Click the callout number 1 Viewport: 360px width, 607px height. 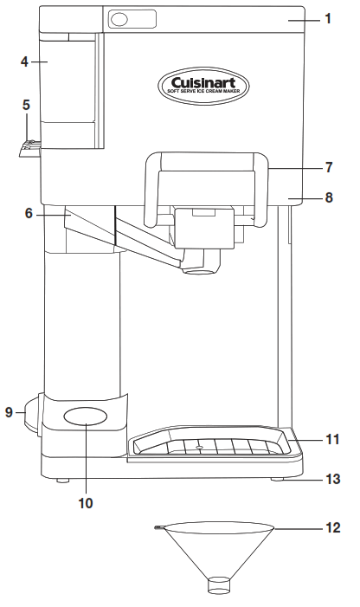pyautogui.click(x=328, y=18)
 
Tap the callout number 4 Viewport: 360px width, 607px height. pyautogui.click(x=24, y=61)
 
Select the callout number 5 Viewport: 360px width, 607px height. pyautogui.click(x=26, y=105)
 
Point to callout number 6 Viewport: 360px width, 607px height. pyautogui.click(x=29, y=213)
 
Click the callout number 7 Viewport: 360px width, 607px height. pyautogui.click(x=329, y=168)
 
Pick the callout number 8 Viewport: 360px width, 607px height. pyautogui.click(x=329, y=197)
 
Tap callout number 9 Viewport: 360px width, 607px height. pyautogui.click(x=9, y=412)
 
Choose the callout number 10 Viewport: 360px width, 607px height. pyautogui.click(x=86, y=503)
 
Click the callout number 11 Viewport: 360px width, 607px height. pyautogui.click(x=332, y=439)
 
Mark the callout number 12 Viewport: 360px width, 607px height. pyautogui.click(x=333, y=527)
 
